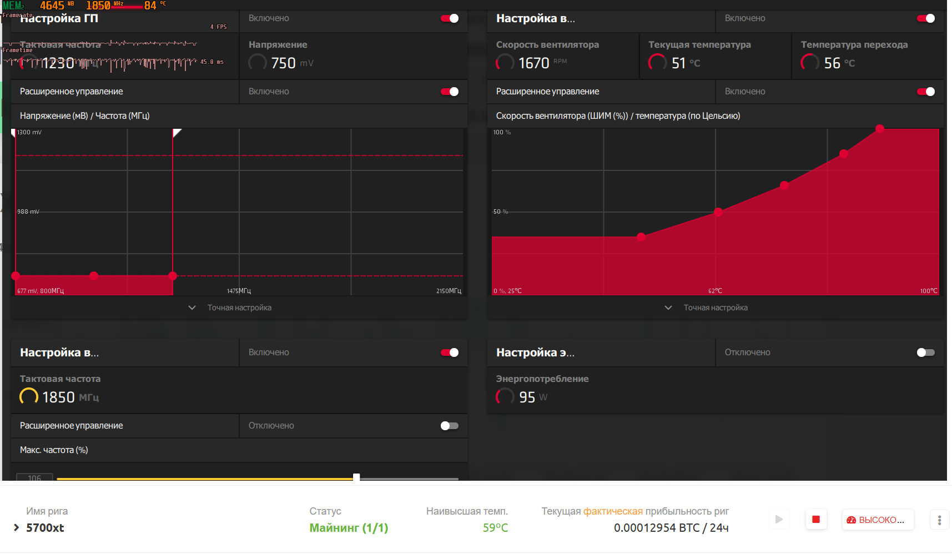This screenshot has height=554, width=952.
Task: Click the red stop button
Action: [815, 520]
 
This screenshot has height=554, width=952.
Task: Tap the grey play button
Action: [779, 520]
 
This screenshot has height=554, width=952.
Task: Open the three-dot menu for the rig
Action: [939, 520]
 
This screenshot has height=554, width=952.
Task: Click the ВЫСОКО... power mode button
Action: [877, 520]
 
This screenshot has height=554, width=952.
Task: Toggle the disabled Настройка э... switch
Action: [925, 352]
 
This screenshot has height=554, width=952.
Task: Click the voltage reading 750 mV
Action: [283, 63]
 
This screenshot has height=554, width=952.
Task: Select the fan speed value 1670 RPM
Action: [533, 63]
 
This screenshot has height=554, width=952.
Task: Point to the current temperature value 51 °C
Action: [678, 63]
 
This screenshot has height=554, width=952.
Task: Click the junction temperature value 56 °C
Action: [832, 63]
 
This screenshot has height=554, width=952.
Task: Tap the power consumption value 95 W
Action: [527, 397]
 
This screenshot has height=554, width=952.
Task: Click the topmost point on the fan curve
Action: [880, 129]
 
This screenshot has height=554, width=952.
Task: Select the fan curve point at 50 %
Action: [718, 212]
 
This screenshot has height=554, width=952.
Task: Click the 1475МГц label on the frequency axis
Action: [239, 291]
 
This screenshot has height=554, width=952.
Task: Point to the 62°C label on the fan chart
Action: [715, 291]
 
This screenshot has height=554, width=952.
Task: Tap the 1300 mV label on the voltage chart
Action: [29, 133]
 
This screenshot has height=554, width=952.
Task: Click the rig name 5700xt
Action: [45, 528]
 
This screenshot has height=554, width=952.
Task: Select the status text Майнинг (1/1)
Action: [349, 528]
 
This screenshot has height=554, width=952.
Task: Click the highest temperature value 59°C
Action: [495, 528]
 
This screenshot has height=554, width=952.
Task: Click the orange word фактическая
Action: [613, 511]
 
